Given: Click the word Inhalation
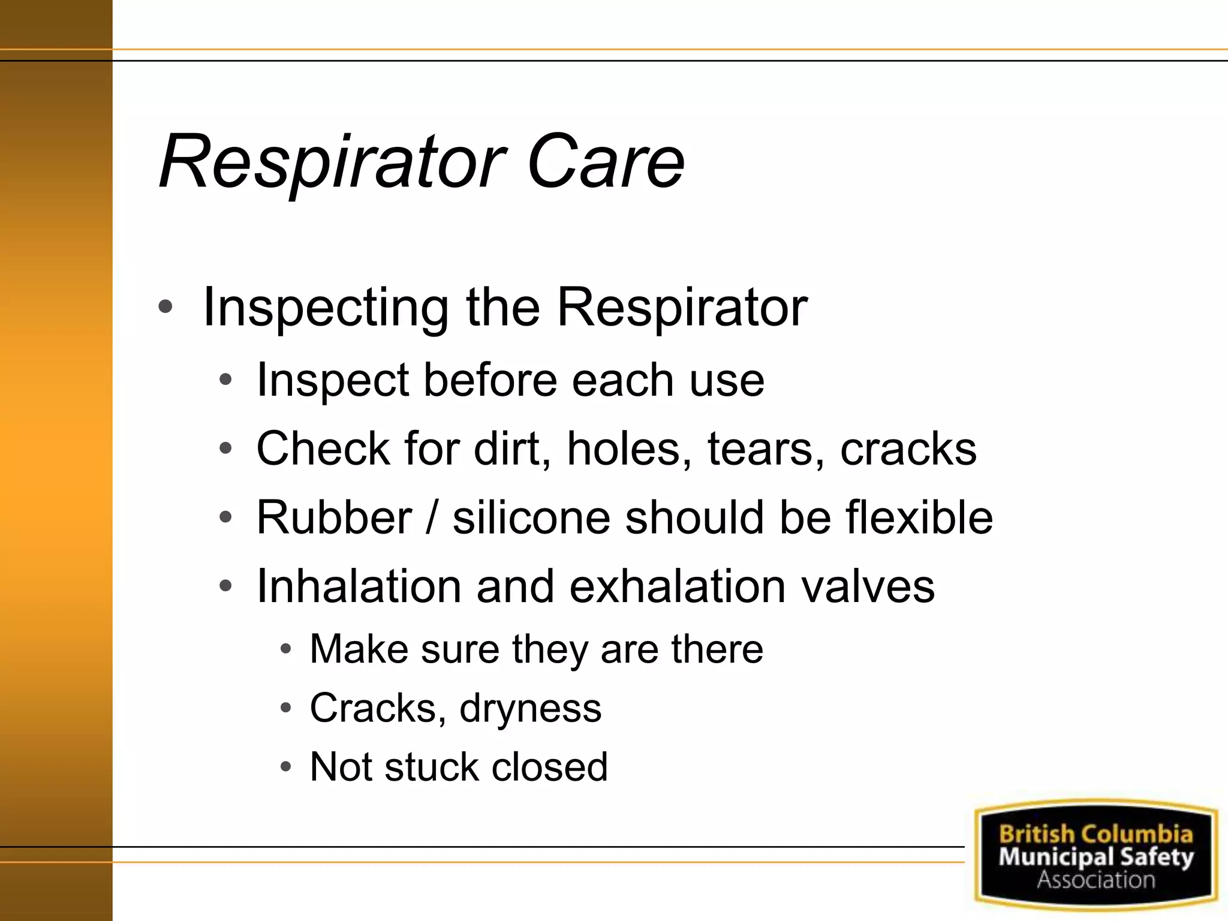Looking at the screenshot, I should [x=359, y=586].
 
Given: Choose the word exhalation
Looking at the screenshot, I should [x=677, y=586].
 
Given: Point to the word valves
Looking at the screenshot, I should [x=868, y=586].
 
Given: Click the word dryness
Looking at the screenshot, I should [x=530, y=709].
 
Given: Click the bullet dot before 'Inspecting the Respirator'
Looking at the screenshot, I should [x=165, y=308].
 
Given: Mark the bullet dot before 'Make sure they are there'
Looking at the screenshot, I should [x=286, y=649].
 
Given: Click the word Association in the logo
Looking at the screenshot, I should [x=1095, y=880].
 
